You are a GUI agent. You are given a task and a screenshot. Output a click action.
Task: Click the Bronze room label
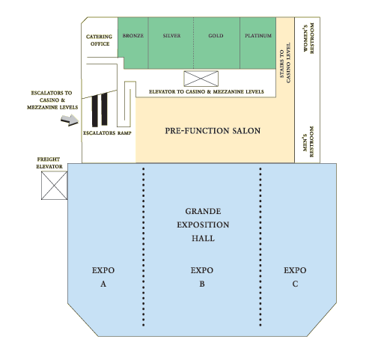click(x=133, y=36)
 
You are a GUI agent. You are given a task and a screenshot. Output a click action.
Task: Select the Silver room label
click(x=171, y=36)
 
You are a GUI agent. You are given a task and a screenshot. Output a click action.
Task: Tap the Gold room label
click(x=216, y=36)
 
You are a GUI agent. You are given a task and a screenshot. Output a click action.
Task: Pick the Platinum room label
click(x=258, y=36)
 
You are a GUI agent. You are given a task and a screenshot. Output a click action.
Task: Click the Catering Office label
click(x=100, y=40)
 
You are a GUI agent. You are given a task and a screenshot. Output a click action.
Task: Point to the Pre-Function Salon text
click(x=213, y=131)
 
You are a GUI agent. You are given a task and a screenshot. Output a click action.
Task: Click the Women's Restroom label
click(x=308, y=38)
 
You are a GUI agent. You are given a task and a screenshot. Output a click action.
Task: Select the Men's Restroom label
click(x=308, y=141)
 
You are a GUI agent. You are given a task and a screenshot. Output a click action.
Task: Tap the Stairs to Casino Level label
click(x=285, y=63)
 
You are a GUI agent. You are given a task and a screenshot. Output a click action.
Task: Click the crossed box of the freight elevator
click(x=54, y=186)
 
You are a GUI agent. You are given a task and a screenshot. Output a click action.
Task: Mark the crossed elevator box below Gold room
click(x=201, y=79)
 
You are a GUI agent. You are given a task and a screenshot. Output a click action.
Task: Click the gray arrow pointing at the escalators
click(x=70, y=120)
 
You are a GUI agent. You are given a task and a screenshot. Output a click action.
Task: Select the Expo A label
click(x=103, y=277)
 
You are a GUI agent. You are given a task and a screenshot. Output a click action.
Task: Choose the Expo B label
click(x=202, y=277)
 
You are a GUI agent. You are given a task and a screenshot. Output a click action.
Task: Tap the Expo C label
click(x=295, y=277)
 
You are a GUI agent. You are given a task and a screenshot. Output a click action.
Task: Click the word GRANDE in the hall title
click(x=203, y=211)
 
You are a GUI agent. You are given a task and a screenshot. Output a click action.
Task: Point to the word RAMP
click(x=124, y=133)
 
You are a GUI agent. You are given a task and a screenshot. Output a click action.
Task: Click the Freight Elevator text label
click(x=49, y=163)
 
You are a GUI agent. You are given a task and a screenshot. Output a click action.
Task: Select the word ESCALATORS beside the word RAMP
click(x=100, y=133)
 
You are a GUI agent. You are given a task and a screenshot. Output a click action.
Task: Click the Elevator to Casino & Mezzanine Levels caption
click(x=207, y=92)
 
